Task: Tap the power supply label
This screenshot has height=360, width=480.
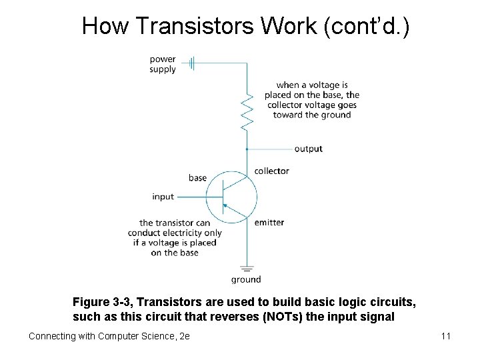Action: click(x=163, y=64)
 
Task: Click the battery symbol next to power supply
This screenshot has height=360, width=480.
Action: click(x=191, y=63)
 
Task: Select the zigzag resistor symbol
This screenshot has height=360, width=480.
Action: click(x=247, y=111)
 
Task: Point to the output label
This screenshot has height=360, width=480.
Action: click(x=308, y=149)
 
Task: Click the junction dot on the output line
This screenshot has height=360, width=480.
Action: click(x=247, y=149)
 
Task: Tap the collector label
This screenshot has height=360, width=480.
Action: click(x=271, y=171)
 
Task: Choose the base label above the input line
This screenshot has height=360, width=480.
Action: click(x=197, y=178)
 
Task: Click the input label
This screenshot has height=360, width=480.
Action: click(x=163, y=197)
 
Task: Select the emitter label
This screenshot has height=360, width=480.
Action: click(x=269, y=222)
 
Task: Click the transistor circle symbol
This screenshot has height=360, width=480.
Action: click(x=231, y=197)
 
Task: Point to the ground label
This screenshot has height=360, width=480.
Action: click(x=246, y=279)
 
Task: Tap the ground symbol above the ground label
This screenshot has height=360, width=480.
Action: click(x=247, y=269)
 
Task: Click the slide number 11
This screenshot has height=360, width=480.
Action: click(x=446, y=336)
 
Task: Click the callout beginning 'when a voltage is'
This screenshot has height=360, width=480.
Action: click(x=312, y=100)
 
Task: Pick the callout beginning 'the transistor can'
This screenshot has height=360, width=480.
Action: click(x=175, y=237)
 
